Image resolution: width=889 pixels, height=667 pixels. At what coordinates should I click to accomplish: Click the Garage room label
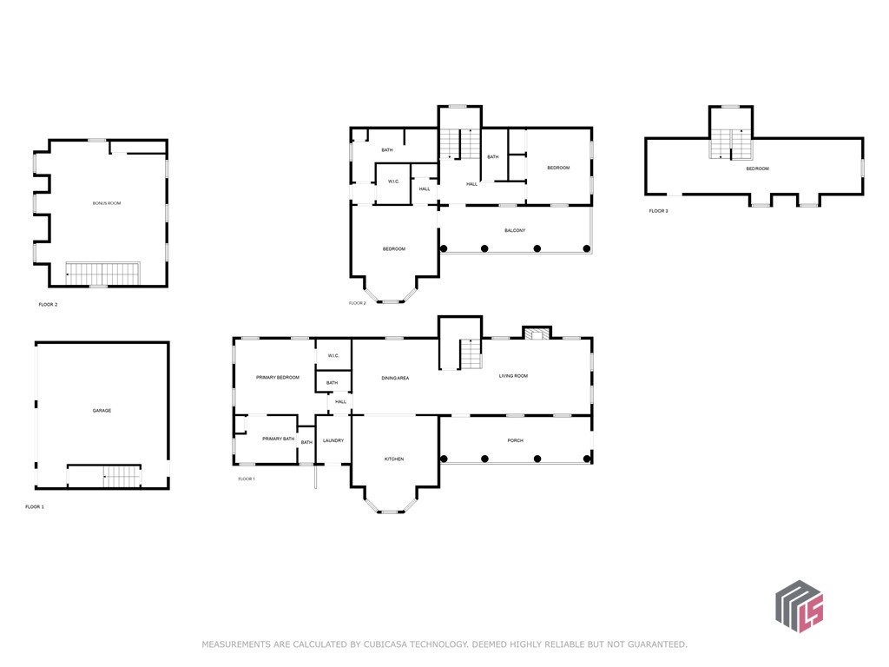(x=102, y=410)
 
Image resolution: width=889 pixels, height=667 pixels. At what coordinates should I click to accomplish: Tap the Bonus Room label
(x=107, y=203)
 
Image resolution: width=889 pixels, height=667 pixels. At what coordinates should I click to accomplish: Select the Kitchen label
(x=394, y=459)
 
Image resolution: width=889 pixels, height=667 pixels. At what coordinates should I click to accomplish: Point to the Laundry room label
(x=333, y=440)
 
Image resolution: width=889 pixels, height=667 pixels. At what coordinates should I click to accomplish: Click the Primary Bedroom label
(x=278, y=378)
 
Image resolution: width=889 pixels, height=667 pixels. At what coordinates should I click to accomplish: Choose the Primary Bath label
(x=279, y=439)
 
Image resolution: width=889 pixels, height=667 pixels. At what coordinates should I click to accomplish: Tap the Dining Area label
(x=395, y=379)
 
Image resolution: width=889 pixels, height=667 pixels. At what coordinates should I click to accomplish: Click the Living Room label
(x=513, y=376)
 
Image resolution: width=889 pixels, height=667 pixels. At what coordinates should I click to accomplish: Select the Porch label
(x=516, y=440)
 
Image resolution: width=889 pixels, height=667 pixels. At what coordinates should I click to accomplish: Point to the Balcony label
(x=515, y=231)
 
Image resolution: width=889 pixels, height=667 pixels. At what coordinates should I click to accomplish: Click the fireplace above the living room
(x=537, y=333)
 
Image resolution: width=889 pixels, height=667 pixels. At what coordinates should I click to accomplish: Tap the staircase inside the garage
(x=122, y=477)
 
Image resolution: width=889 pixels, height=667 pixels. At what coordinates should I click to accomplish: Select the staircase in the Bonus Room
(x=102, y=274)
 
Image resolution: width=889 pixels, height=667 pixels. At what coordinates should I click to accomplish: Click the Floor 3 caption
(x=658, y=211)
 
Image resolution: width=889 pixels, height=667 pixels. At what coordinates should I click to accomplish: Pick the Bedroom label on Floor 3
(x=757, y=169)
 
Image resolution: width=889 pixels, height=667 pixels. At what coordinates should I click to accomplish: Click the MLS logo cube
(x=800, y=606)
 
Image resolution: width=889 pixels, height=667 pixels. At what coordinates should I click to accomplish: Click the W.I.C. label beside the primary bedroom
(x=333, y=355)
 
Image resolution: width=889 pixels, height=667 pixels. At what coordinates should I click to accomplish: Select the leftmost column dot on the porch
(x=444, y=459)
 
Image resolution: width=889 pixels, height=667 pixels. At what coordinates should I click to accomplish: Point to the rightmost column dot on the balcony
(x=587, y=248)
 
